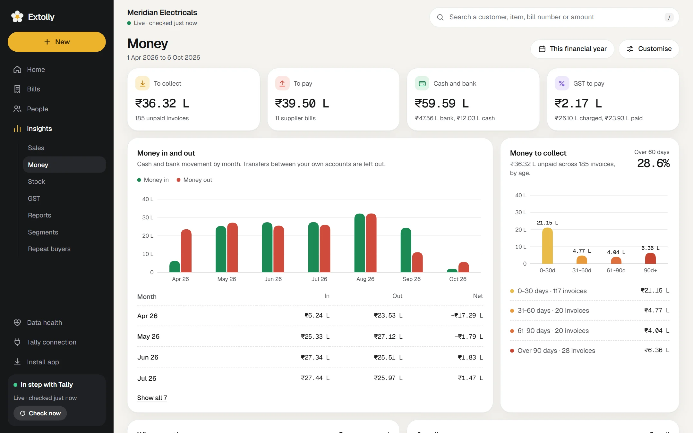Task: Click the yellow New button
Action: tap(57, 42)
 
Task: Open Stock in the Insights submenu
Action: tap(36, 182)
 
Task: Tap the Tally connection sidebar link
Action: tap(51, 342)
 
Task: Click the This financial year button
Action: tap(572, 49)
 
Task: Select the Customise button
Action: tap(649, 49)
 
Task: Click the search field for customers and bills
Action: tap(554, 17)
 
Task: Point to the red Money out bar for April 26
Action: tap(186, 251)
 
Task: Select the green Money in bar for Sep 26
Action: tap(406, 250)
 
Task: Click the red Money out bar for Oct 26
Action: tap(464, 267)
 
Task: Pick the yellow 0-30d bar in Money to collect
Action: tap(547, 246)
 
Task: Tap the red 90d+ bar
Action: tap(650, 258)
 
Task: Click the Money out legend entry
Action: tap(194, 180)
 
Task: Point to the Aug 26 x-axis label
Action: tap(365, 279)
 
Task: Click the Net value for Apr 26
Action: tap(467, 316)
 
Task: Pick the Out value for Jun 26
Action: tap(388, 357)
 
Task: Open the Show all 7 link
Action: tap(152, 398)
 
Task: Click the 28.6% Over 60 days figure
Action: tap(654, 163)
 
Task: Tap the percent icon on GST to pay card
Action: tap(562, 83)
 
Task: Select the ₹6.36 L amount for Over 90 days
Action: tap(657, 350)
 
